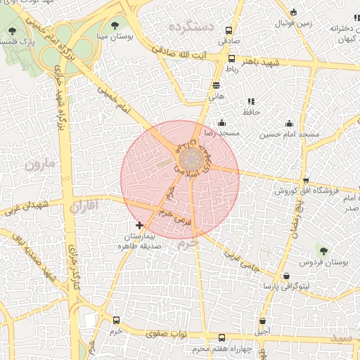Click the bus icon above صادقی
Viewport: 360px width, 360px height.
click(x=229, y=31)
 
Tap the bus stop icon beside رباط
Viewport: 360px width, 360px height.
click(x=231, y=60)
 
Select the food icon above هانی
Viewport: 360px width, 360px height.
click(x=216, y=84)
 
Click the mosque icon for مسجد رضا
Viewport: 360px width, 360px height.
click(x=221, y=123)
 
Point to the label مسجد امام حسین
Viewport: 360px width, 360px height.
click(x=289, y=134)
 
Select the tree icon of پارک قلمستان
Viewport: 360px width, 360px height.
click(x=13, y=31)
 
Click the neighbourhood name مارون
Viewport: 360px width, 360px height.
click(x=39, y=165)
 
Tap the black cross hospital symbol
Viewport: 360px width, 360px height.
click(x=139, y=226)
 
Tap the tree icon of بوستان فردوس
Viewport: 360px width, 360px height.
click(x=323, y=251)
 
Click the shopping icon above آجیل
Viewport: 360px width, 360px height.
click(x=262, y=321)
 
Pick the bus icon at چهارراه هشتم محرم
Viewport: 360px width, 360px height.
click(x=222, y=338)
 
